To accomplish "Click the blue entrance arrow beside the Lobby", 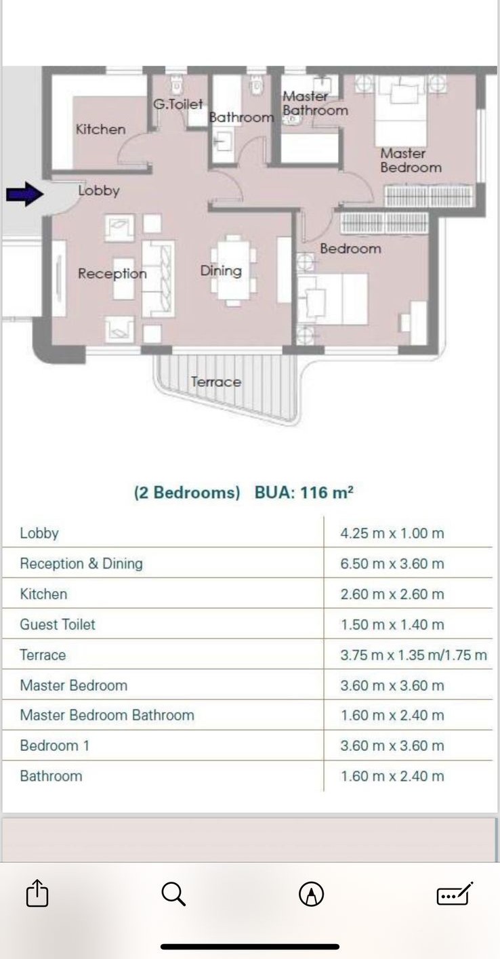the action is (x=25, y=194).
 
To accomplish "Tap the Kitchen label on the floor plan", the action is (x=100, y=129).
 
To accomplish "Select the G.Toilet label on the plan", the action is (x=178, y=104).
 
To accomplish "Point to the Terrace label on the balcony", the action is (x=216, y=382).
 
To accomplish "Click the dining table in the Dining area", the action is (x=233, y=270).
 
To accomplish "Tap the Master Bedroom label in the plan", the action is (x=411, y=160).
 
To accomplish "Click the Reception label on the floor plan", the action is (x=112, y=274).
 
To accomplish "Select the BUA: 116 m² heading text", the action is (x=304, y=492).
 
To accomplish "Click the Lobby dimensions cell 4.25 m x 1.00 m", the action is (x=392, y=533).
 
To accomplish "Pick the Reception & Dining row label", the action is (x=81, y=564).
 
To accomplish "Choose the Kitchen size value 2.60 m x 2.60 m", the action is (x=392, y=594).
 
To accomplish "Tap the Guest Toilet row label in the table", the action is (x=58, y=625).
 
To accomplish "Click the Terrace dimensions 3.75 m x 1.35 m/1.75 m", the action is (x=413, y=655).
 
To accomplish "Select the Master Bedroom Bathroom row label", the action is (x=107, y=715).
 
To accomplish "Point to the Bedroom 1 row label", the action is (x=54, y=746).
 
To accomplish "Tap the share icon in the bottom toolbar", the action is (x=37, y=893).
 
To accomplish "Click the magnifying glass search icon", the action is (x=173, y=893).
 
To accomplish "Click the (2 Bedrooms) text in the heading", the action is (x=187, y=493).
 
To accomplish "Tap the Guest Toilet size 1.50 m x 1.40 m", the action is (x=392, y=625).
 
